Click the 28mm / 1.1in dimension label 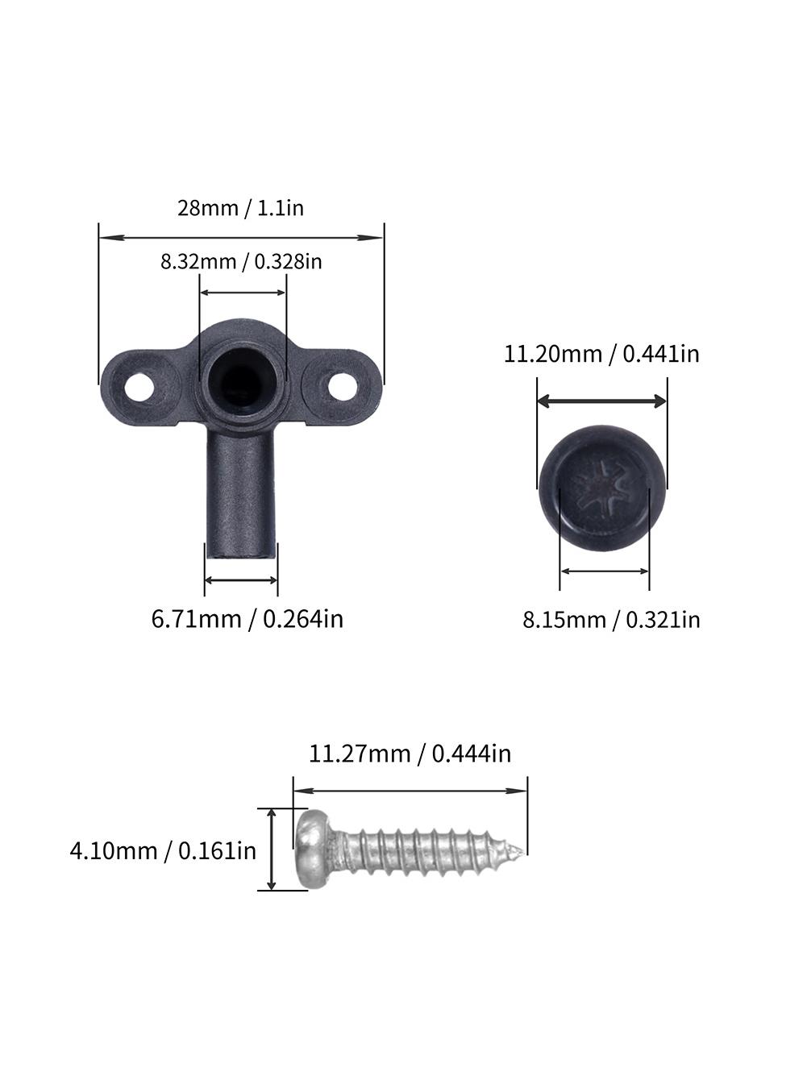[240, 208]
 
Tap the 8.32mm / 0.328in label [241, 261]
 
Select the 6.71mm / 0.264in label [248, 619]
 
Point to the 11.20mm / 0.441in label [601, 354]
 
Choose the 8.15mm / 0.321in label [611, 620]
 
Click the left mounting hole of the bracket [139, 388]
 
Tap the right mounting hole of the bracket [343, 385]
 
